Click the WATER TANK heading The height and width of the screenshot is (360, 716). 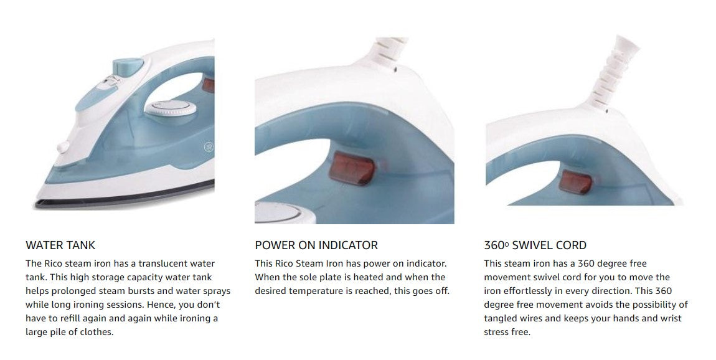click(60, 245)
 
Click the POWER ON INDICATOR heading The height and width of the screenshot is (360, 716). click(316, 245)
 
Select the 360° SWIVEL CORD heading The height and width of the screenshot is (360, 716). click(535, 245)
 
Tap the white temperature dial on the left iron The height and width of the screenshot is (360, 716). click(171, 109)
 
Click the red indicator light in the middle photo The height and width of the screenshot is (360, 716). click(352, 169)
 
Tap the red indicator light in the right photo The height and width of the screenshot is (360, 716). click(576, 182)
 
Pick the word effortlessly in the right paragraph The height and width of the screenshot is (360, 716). click(528, 291)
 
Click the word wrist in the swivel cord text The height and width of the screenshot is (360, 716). click(671, 318)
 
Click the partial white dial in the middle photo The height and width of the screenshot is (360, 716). click(277, 214)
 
